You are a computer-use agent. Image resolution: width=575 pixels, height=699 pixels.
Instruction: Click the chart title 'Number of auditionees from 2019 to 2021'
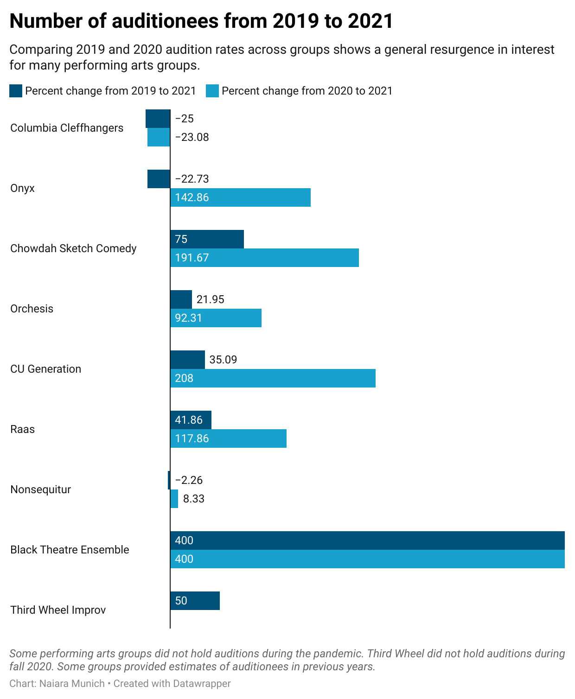point(201,21)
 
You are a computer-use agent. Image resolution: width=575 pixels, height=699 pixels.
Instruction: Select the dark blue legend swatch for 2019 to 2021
point(16,91)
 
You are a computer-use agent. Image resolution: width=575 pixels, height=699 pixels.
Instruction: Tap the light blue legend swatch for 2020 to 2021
point(212,91)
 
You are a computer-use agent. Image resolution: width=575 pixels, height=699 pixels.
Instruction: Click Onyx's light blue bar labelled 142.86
point(240,197)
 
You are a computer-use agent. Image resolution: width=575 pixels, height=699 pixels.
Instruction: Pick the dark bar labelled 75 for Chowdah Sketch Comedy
point(207,239)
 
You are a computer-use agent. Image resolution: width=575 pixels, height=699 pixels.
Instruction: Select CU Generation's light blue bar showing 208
point(273,378)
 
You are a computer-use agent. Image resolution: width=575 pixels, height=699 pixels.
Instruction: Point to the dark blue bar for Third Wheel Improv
point(195,601)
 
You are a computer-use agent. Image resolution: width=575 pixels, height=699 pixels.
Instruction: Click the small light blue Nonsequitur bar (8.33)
point(174,499)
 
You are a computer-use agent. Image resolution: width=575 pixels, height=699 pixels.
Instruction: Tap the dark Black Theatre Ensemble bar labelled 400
point(367,540)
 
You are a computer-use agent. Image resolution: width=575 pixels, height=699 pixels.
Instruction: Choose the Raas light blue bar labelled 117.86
point(228,438)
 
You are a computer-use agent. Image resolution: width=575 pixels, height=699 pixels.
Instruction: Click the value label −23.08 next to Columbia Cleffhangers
point(192,137)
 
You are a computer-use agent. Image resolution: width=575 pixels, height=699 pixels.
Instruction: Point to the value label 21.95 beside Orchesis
point(210,299)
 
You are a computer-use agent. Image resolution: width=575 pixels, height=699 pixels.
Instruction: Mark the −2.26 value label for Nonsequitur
point(189,480)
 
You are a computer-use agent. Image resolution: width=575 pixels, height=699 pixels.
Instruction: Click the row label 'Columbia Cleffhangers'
point(67,128)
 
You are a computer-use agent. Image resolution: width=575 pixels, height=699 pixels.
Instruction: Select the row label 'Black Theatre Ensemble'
point(70,550)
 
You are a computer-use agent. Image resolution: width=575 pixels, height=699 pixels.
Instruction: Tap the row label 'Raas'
point(22,429)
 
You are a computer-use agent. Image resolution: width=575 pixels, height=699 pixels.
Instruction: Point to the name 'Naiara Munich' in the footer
point(72,684)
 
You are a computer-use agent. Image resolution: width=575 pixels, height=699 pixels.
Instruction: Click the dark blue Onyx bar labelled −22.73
point(159,179)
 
